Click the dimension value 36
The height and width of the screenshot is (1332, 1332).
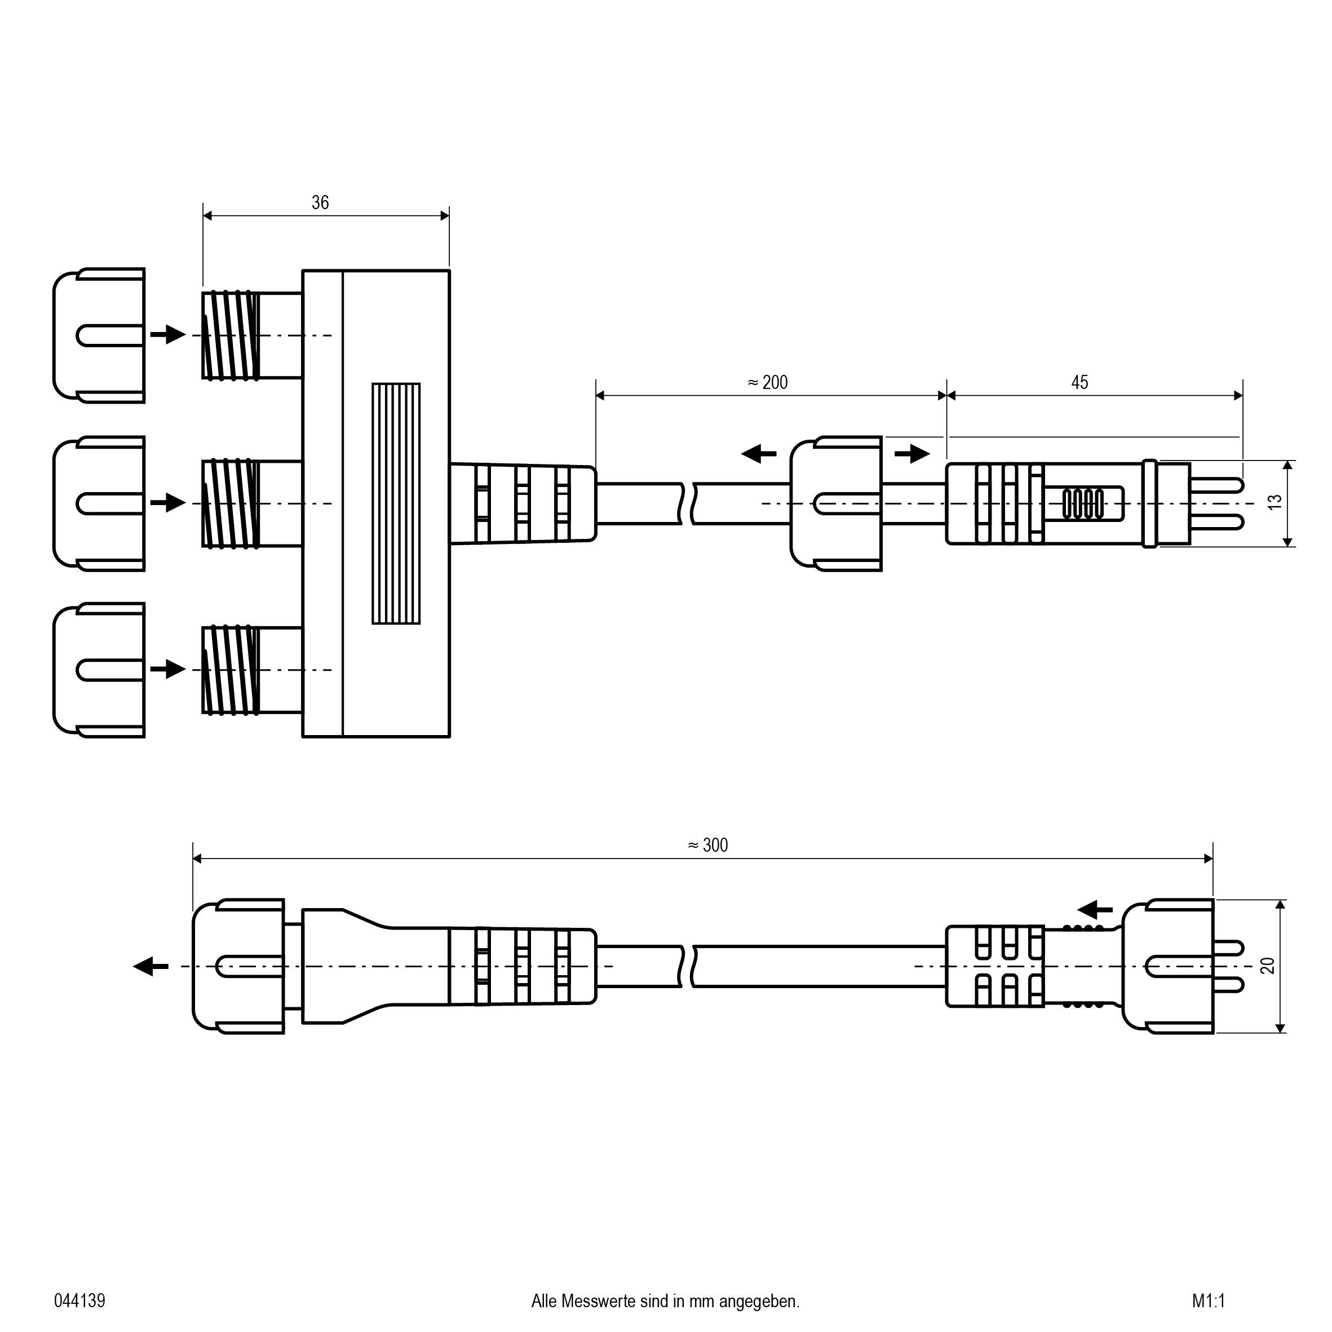click(320, 203)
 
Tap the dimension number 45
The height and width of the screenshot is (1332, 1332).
click(1079, 383)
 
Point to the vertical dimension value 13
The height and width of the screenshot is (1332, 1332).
click(1276, 503)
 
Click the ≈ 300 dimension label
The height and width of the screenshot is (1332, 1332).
click(708, 846)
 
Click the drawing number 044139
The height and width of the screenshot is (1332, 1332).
click(80, 1301)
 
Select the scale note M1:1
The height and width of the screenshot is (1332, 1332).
click(1209, 1301)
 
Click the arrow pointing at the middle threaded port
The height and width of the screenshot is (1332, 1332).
click(168, 503)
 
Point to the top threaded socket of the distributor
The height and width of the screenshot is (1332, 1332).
click(232, 336)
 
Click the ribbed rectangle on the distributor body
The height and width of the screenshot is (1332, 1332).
click(396, 503)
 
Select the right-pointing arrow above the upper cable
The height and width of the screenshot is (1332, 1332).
click(912, 454)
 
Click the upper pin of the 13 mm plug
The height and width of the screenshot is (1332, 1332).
click(1218, 485)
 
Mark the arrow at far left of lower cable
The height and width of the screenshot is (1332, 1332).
click(151, 967)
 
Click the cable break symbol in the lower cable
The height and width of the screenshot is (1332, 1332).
click(687, 967)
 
